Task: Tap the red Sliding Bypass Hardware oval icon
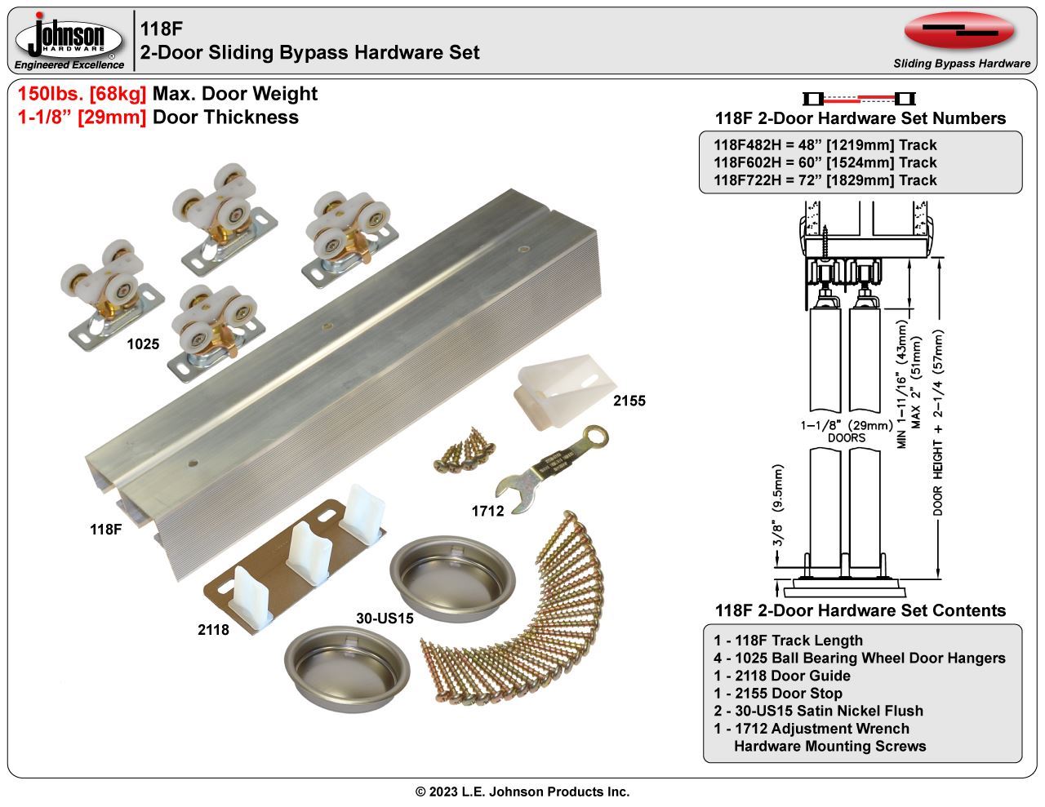958,31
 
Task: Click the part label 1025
143,344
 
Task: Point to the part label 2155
629,401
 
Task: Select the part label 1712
487,511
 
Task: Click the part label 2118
213,629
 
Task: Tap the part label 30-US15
385,619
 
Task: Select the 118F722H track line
825,180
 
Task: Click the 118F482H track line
825,145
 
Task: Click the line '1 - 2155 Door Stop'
777,694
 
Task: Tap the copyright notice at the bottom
522,791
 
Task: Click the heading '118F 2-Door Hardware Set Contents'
860,610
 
